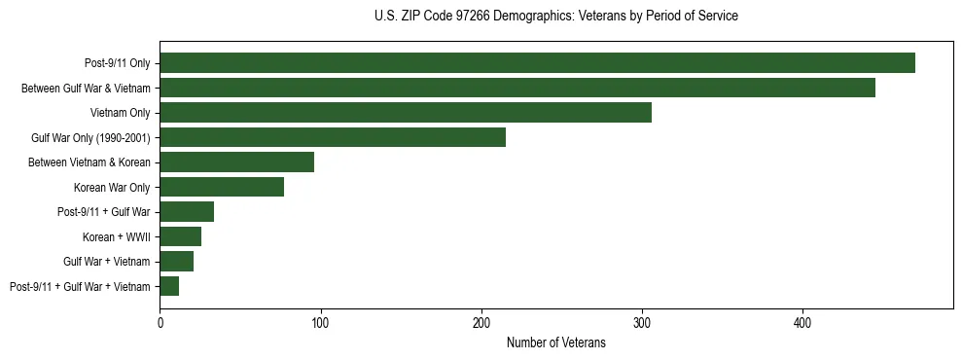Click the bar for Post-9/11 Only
[x=537, y=63]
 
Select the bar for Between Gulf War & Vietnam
[x=517, y=88]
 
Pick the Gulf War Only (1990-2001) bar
[x=333, y=137]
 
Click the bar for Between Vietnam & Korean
[x=237, y=162]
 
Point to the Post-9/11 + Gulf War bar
[x=187, y=212]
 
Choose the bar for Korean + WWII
[x=181, y=236]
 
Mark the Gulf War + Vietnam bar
[x=177, y=262]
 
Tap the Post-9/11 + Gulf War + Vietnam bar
[x=169, y=286]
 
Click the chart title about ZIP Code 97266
[x=555, y=17]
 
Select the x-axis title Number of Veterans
[x=555, y=343]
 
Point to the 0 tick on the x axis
[x=160, y=322]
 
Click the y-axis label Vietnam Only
[x=120, y=113]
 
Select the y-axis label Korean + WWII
[x=117, y=236]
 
